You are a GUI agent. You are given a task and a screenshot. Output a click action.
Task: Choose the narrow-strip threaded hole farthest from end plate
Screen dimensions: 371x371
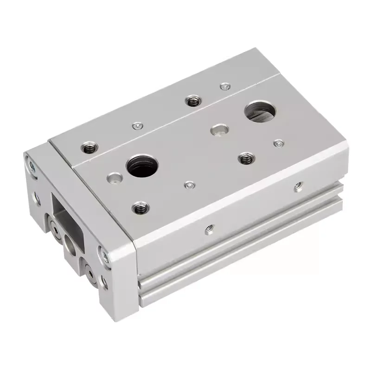[x=192, y=101]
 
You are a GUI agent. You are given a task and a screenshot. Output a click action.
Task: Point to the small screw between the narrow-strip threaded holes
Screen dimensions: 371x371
[x=136, y=126]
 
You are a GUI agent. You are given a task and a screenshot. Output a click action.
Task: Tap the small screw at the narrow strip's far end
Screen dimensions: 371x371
[x=225, y=86]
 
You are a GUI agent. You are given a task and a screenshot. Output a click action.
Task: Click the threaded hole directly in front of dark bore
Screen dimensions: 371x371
[x=139, y=208]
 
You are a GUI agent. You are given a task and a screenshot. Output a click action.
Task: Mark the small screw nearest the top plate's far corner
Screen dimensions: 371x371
[x=278, y=143]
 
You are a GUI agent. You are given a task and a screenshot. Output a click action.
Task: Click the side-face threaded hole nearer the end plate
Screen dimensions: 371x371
[x=209, y=228]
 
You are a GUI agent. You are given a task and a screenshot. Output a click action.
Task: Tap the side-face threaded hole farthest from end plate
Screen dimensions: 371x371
[x=297, y=186]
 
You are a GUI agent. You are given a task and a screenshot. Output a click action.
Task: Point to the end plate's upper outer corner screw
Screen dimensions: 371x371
[x=32, y=167]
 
